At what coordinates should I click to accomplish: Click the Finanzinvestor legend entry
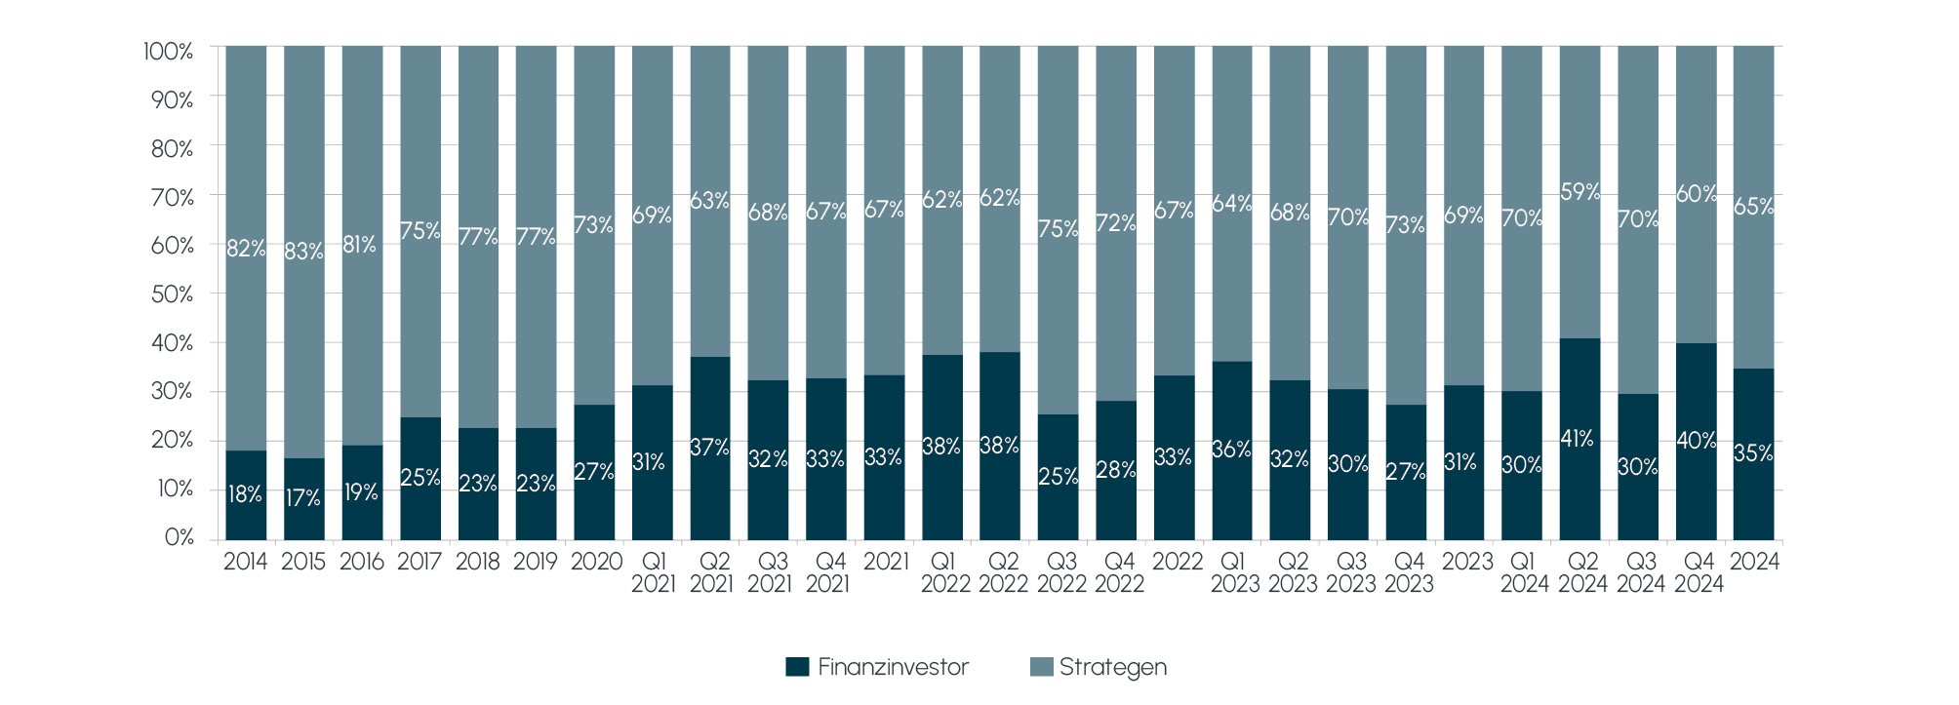tap(877, 668)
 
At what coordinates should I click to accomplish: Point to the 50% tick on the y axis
tap(173, 294)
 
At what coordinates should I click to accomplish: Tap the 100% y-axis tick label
tap(169, 51)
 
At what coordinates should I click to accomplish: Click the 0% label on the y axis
tap(179, 538)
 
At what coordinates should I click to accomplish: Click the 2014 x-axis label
tap(245, 562)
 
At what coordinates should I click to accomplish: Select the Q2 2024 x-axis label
tap(1582, 572)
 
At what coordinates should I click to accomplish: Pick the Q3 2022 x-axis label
tap(1060, 572)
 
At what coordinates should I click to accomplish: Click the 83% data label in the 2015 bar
tap(303, 252)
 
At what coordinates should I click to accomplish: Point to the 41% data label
tap(1578, 439)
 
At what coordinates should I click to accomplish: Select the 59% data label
tap(1579, 192)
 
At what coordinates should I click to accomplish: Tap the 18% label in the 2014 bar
tap(245, 494)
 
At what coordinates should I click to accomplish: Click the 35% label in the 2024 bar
tap(1753, 453)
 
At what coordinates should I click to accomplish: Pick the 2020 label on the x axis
tap(595, 562)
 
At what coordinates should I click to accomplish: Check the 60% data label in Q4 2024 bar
tap(1696, 194)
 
